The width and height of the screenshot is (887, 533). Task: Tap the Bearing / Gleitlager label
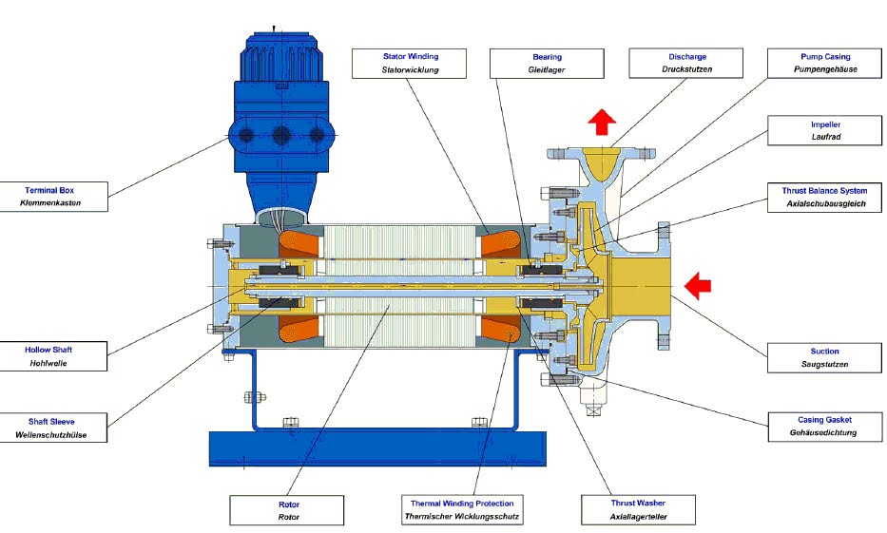(x=547, y=63)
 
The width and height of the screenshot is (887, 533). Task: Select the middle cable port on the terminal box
(x=280, y=136)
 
